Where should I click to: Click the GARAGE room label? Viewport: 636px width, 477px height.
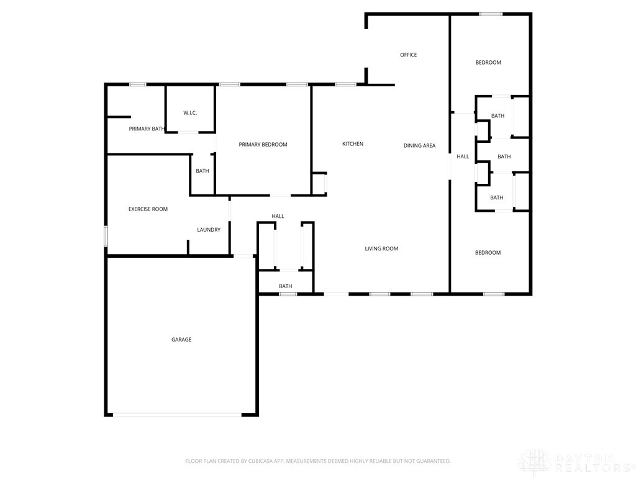181,340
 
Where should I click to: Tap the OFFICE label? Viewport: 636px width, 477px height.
409,55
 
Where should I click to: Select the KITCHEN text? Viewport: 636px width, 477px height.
353,143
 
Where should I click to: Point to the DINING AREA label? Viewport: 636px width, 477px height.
419,145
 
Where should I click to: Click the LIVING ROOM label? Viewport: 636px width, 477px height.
381,248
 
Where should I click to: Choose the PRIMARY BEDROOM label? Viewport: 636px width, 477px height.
263,144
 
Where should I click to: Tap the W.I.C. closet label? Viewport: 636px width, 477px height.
190,113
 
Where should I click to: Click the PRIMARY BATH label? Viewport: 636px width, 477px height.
147,129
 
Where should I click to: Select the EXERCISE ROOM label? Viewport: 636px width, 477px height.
148,209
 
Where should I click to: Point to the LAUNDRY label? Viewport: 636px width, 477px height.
209,230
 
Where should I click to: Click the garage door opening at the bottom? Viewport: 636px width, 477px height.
177,414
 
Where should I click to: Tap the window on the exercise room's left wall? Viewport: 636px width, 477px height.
106,236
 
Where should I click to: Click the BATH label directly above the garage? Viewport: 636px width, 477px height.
286,286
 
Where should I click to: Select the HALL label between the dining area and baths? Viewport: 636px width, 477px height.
463,156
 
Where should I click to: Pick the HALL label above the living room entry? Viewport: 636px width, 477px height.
278,216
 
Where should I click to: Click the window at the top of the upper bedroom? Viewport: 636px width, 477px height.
491,14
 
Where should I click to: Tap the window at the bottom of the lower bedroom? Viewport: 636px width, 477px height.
494,294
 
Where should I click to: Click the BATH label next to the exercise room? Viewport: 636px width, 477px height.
202,171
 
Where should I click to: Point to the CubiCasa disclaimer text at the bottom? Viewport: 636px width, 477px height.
318,461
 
